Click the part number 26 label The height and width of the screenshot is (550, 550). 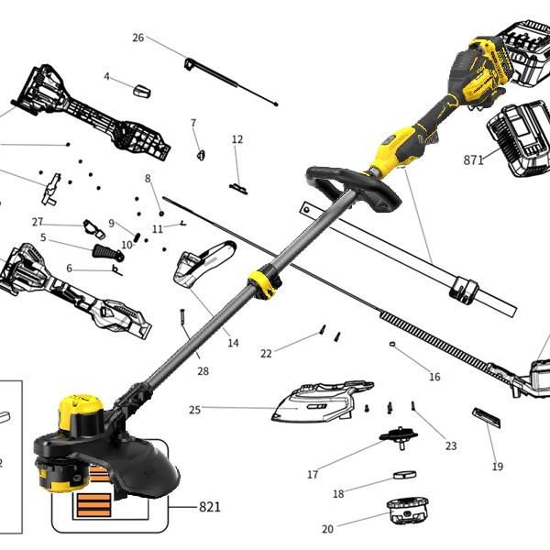click(x=138, y=38)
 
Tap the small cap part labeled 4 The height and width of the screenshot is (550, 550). click(x=142, y=91)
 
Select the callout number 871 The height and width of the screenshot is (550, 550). click(x=474, y=159)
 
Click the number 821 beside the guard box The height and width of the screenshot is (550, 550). click(x=210, y=507)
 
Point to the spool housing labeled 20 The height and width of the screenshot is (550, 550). click(x=408, y=511)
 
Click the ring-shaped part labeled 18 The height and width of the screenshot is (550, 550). click(x=404, y=475)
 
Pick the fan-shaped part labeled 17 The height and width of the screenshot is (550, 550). click(x=399, y=436)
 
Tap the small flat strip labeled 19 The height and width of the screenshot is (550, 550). click(x=486, y=417)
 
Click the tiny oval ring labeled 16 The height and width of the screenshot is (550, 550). click(x=392, y=344)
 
